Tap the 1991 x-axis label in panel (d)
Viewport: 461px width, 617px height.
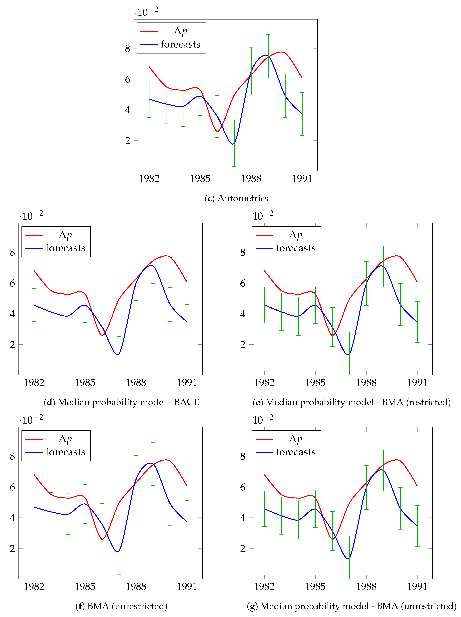tap(187, 382)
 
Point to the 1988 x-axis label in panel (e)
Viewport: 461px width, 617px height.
tap(366, 382)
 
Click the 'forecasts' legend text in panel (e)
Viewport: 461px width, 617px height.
tap(296, 248)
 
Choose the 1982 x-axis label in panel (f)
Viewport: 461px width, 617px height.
tap(34, 587)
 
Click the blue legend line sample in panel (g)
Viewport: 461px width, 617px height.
tap(264, 452)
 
